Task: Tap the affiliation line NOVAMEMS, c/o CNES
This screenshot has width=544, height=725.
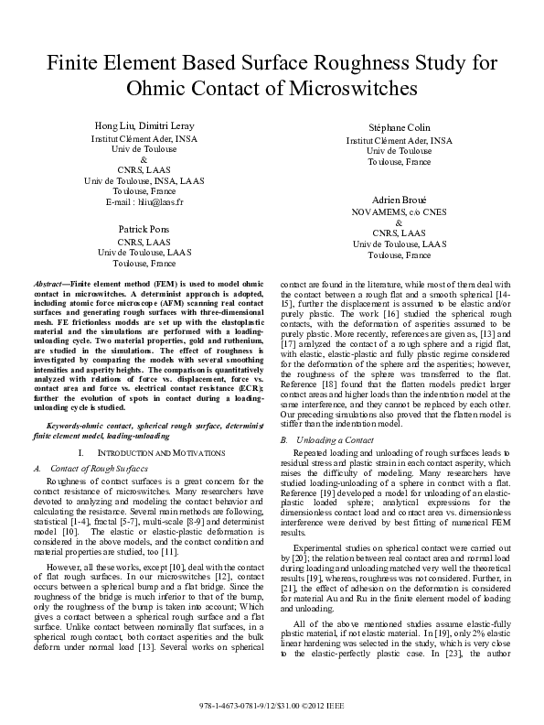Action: click(x=399, y=211)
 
